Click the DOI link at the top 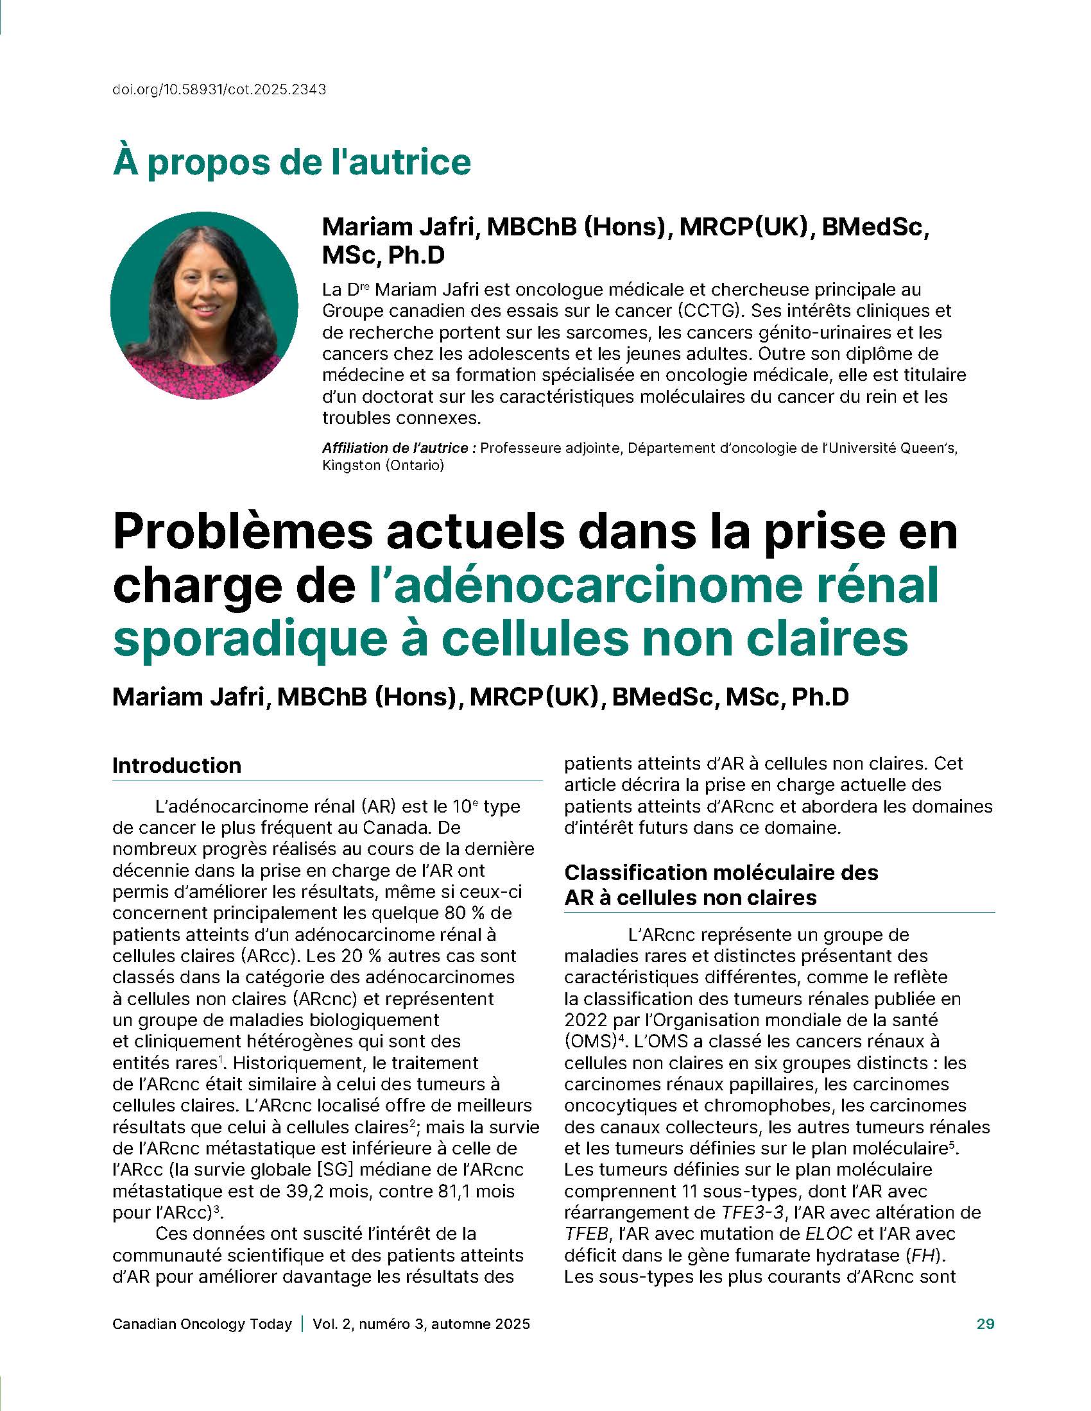pos(219,90)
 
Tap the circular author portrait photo pos(204,305)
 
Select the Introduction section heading pos(176,766)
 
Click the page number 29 pos(985,1324)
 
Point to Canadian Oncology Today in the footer pos(202,1324)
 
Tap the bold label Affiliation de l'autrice pos(399,448)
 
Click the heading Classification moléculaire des pos(721,872)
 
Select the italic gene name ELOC pos(828,1233)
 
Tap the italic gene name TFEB pos(586,1233)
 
